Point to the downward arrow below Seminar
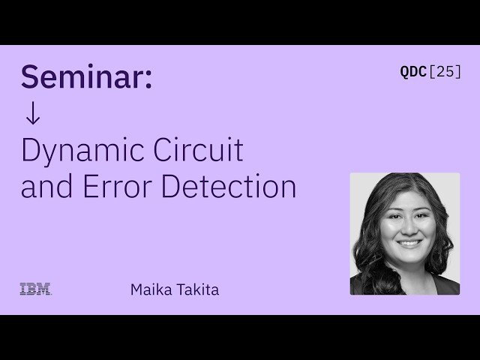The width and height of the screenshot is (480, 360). [x=31, y=114]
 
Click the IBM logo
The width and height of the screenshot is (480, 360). [x=35, y=289]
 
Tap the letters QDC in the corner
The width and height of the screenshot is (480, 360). [x=413, y=72]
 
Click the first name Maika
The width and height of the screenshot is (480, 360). [x=149, y=289]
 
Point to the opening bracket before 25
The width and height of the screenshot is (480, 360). [x=432, y=72]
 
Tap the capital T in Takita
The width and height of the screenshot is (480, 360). [x=178, y=289]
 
